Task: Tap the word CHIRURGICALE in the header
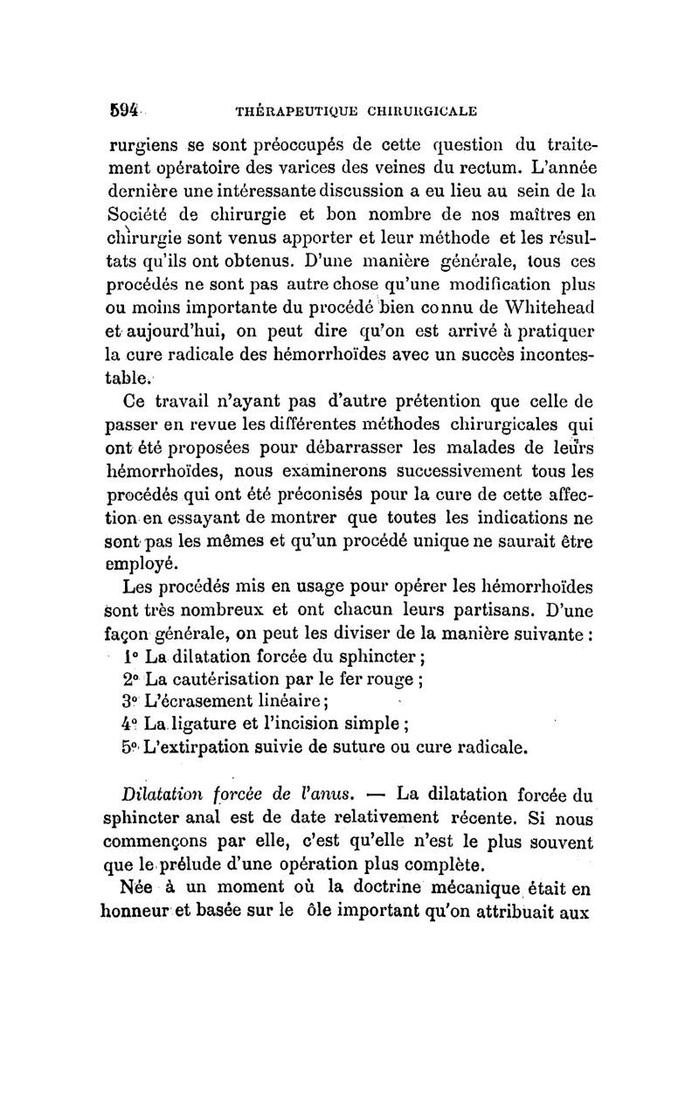point(418,112)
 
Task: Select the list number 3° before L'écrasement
point(128,702)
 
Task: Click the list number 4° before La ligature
point(128,725)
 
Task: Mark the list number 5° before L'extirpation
point(128,747)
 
